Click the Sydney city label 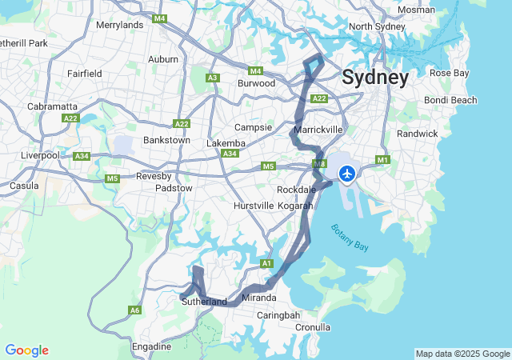point(375,78)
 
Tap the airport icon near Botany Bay point(347,173)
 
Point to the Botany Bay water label point(350,238)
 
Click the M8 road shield point(319,164)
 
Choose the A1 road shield point(267,263)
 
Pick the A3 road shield point(213,78)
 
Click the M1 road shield point(382,160)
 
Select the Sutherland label point(204,302)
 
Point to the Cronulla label point(313,327)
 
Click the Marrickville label point(318,129)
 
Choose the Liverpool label point(41,154)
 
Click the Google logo point(26,350)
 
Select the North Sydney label point(378,26)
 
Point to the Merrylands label point(119,25)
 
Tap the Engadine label point(151,346)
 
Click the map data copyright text point(462,354)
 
